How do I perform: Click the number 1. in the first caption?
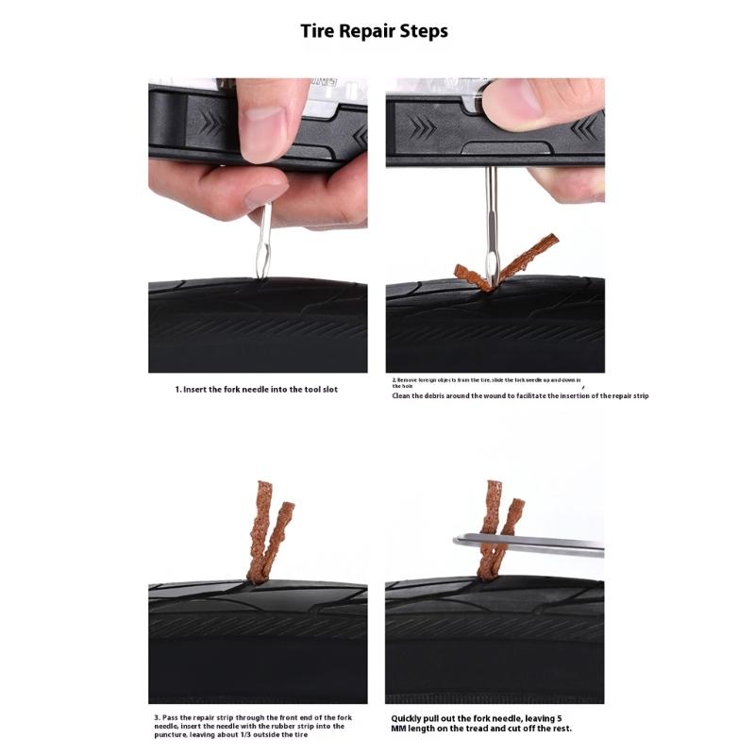pos(178,389)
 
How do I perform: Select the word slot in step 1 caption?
pos(327,389)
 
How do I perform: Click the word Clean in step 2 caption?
pos(405,395)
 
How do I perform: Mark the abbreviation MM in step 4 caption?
pos(400,729)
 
